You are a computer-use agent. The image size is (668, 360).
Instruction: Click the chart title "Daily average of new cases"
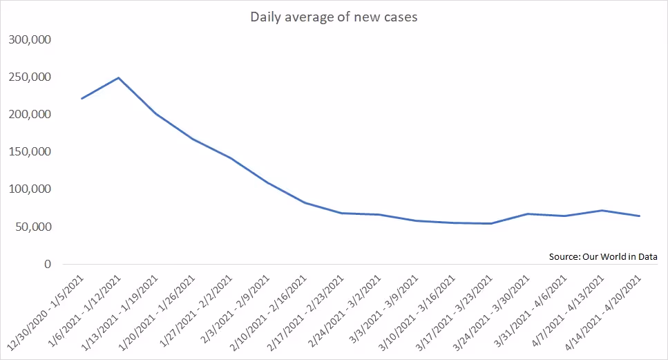334,17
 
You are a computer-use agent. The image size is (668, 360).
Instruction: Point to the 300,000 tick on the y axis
30,39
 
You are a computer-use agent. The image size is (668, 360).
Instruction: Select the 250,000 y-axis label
30,77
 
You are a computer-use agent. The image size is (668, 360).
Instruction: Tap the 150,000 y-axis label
30,151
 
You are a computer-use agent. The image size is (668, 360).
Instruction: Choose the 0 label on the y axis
47,264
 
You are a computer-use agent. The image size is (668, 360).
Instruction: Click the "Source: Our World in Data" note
602,256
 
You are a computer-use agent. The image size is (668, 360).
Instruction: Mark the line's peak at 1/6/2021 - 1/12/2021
119,77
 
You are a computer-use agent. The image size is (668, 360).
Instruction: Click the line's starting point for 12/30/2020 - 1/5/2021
82,98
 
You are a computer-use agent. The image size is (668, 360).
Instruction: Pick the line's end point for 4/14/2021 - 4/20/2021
640,216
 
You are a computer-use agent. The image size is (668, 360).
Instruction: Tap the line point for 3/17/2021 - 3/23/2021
491,223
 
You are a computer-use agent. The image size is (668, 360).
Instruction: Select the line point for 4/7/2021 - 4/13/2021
602,210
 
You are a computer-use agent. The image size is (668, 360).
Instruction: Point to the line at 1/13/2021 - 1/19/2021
156,113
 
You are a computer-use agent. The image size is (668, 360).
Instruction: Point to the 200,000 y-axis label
30,114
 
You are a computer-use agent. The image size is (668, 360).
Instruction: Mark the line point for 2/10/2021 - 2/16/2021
305,202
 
